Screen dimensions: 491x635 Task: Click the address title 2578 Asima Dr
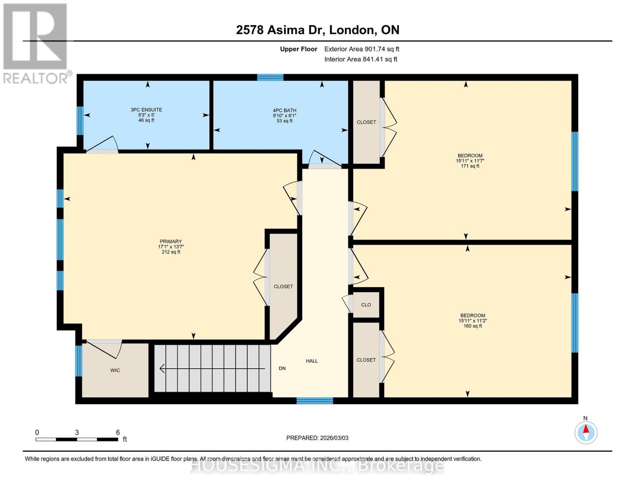[317, 30]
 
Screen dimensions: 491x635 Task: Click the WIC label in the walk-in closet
[115, 370]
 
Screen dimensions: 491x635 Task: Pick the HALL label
[312, 361]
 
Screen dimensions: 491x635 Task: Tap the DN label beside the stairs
[282, 368]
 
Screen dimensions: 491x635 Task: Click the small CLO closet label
[366, 305]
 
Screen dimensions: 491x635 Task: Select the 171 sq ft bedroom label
[470, 161]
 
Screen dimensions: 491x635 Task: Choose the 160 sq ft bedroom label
[473, 321]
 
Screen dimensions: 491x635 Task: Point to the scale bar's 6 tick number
[118, 432]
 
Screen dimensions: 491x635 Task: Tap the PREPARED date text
[317, 438]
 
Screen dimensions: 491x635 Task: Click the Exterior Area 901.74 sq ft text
[361, 49]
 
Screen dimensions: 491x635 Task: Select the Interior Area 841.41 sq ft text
[361, 59]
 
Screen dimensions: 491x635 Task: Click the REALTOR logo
[36, 43]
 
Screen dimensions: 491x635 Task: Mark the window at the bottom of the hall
[314, 401]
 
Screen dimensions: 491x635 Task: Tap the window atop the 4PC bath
[270, 77]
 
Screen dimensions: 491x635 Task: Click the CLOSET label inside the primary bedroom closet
[283, 286]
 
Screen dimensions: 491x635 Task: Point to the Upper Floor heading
[298, 49]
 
